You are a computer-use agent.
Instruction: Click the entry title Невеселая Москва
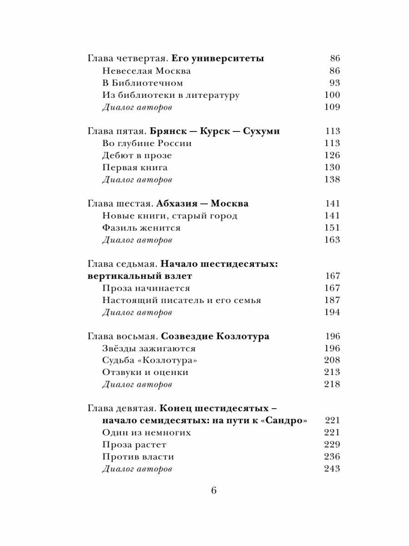coord(146,71)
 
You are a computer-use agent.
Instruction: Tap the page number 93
coord(334,83)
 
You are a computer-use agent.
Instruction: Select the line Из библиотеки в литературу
coord(170,95)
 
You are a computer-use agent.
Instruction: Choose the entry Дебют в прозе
coord(137,155)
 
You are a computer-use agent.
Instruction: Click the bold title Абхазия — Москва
coord(204,203)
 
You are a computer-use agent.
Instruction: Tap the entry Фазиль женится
coord(141,227)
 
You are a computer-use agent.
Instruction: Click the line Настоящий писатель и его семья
coord(182,300)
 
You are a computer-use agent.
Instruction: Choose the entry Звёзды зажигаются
coord(149,348)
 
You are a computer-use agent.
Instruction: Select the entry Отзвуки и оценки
coord(145,372)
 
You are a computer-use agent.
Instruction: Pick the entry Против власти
coord(138,457)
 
